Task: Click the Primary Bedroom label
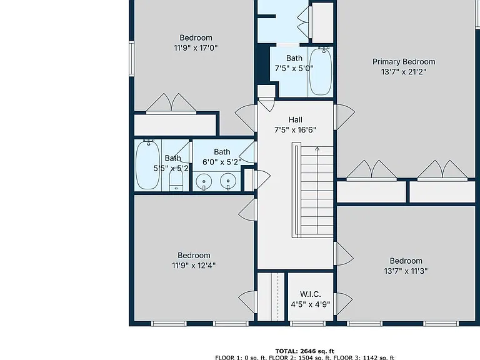pyautogui.click(x=404, y=62)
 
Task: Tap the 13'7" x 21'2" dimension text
pyautogui.click(x=404, y=72)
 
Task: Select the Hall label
pyautogui.click(x=296, y=120)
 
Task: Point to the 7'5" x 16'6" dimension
pyautogui.click(x=295, y=130)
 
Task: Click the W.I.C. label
pyautogui.click(x=311, y=294)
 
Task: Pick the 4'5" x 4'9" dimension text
pyautogui.click(x=311, y=304)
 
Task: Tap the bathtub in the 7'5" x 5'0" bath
pyautogui.click(x=320, y=71)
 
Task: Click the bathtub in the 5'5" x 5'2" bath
pyautogui.click(x=148, y=164)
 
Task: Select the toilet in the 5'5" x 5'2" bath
pyautogui.click(x=176, y=180)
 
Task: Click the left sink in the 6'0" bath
pyautogui.click(x=204, y=181)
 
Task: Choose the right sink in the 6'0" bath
pyautogui.click(x=228, y=181)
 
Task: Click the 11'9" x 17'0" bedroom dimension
pyautogui.click(x=196, y=48)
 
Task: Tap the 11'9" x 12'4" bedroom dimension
pyautogui.click(x=194, y=266)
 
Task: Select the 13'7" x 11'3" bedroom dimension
pyautogui.click(x=406, y=271)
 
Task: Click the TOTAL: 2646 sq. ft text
pyautogui.click(x=304, y=351)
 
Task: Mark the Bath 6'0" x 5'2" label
pyautogui.click(x=222, y=157)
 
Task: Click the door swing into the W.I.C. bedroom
pyautogui.click(x=344, y=304)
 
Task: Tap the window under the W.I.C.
pyautogui.click(x=307, y=324)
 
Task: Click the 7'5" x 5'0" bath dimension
pyautogui.click(x=294, y=69)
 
